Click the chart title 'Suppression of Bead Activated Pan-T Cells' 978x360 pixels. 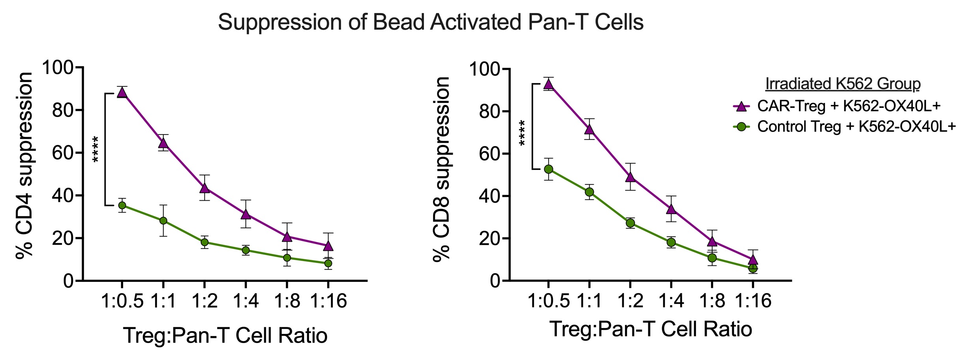(431, 22)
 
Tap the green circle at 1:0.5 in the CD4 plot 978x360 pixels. (122, 205)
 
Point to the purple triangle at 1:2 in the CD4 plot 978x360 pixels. (204, 188)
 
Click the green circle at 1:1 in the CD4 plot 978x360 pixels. (163, 220)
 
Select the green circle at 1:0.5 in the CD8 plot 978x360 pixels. (548, 169)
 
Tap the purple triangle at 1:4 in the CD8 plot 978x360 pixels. (671, 209)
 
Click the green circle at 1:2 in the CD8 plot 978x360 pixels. (630, 223)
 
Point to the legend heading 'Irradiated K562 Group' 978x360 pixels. (843, 84)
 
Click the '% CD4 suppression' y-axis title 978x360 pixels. (24, 166)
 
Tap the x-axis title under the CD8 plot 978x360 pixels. (651, 329)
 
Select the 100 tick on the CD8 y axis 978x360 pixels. (484, 69)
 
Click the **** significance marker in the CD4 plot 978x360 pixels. (96, 149)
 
